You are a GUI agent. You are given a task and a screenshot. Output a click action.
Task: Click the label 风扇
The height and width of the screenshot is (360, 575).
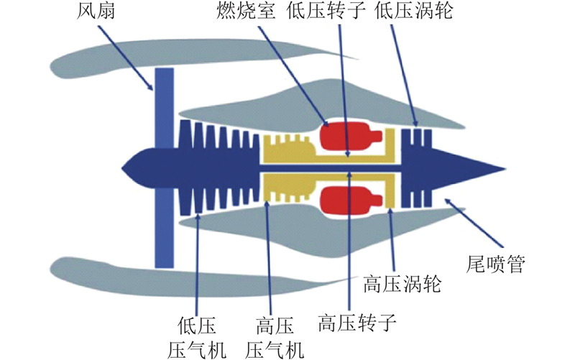96,10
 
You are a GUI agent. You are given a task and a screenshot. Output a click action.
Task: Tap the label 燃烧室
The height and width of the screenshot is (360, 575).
245,10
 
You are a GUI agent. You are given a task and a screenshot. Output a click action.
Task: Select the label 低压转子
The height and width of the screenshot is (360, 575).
326,10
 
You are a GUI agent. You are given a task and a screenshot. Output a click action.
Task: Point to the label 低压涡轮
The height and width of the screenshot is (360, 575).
414,10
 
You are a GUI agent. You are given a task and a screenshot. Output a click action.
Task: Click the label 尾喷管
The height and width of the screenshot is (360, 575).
495,264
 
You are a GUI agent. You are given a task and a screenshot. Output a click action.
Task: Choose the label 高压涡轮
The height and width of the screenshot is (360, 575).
402,284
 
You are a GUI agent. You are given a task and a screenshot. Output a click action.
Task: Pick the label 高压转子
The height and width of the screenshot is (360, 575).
357,323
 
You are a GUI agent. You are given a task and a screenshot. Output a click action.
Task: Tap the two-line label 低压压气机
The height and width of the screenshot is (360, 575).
197,338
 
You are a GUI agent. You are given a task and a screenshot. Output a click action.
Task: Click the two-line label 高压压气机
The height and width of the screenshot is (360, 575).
275,338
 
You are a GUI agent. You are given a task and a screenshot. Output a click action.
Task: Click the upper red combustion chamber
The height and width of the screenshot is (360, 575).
349,137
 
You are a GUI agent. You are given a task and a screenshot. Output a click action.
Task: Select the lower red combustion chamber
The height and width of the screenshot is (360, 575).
349,201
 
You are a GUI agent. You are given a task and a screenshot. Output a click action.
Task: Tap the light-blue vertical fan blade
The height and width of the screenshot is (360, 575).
164,168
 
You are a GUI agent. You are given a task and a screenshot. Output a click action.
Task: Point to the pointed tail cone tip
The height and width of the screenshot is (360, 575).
506,169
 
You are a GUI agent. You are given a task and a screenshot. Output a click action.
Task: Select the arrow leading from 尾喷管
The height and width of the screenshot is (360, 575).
473,223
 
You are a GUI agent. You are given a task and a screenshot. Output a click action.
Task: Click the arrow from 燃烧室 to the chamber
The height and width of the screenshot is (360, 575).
293,76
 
